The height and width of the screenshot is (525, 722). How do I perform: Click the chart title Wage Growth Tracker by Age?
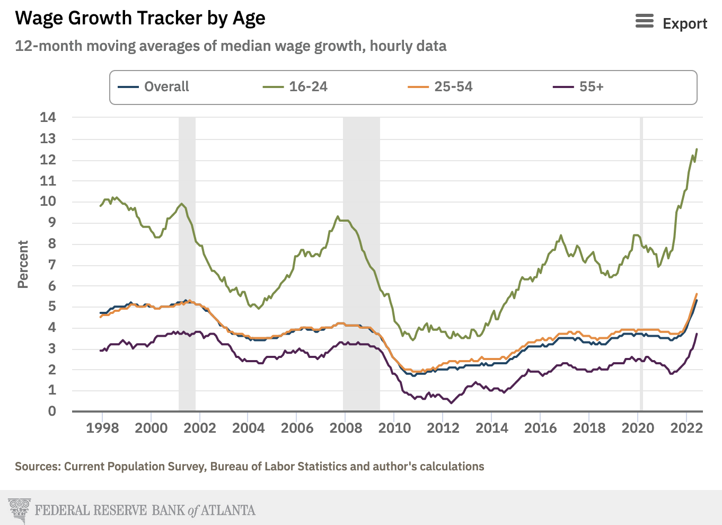point(140,19)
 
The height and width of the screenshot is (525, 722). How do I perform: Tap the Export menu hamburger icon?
point(644,21)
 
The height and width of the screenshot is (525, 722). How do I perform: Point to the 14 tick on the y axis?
point(48,117)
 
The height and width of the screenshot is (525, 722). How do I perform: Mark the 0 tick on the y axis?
point(51,411)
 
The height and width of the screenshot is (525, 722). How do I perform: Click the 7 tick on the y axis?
point(51,264)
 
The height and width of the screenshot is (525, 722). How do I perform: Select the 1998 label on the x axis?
point(102,428)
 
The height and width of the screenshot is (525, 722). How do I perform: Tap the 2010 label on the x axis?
point(394,428)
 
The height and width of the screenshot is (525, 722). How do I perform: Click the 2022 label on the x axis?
point(686,428)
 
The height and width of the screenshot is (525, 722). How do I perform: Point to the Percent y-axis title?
point(23,264)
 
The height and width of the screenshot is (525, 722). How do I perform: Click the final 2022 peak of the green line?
point(697,150)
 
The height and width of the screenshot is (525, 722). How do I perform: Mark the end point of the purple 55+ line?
point(697,334)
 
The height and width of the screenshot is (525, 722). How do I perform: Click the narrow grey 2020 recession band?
point(641,265)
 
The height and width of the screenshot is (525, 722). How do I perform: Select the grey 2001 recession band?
point(187,265)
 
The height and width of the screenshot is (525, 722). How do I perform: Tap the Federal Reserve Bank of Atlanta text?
point(145,510)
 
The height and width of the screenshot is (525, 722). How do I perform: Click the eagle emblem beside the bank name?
point(20,510)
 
